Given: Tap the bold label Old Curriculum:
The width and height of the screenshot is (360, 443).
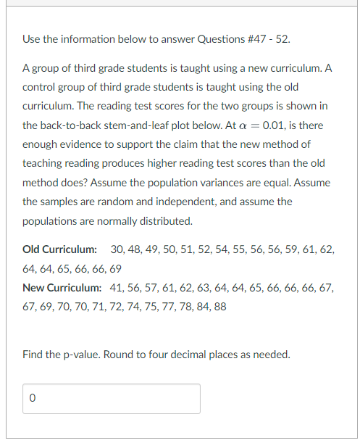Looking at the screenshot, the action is pos(60,249).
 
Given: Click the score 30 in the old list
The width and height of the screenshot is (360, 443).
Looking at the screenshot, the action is pos(117,249).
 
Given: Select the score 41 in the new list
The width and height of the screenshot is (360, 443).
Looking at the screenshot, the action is pos(117,288).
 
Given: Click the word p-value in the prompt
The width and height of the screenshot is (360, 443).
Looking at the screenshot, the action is pos(79,355).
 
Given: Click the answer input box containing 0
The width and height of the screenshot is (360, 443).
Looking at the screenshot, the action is pos(112,399).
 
